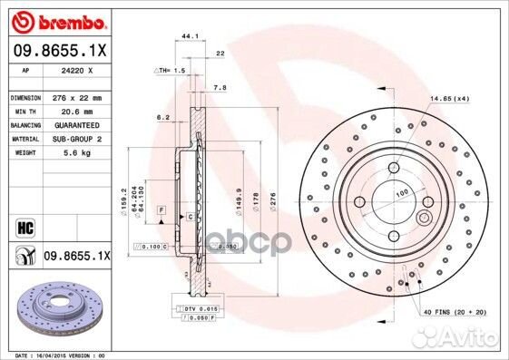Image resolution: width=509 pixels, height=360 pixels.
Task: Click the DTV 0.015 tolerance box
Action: point(200,310)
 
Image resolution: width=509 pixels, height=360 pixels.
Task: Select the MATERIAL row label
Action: point(23,139)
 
